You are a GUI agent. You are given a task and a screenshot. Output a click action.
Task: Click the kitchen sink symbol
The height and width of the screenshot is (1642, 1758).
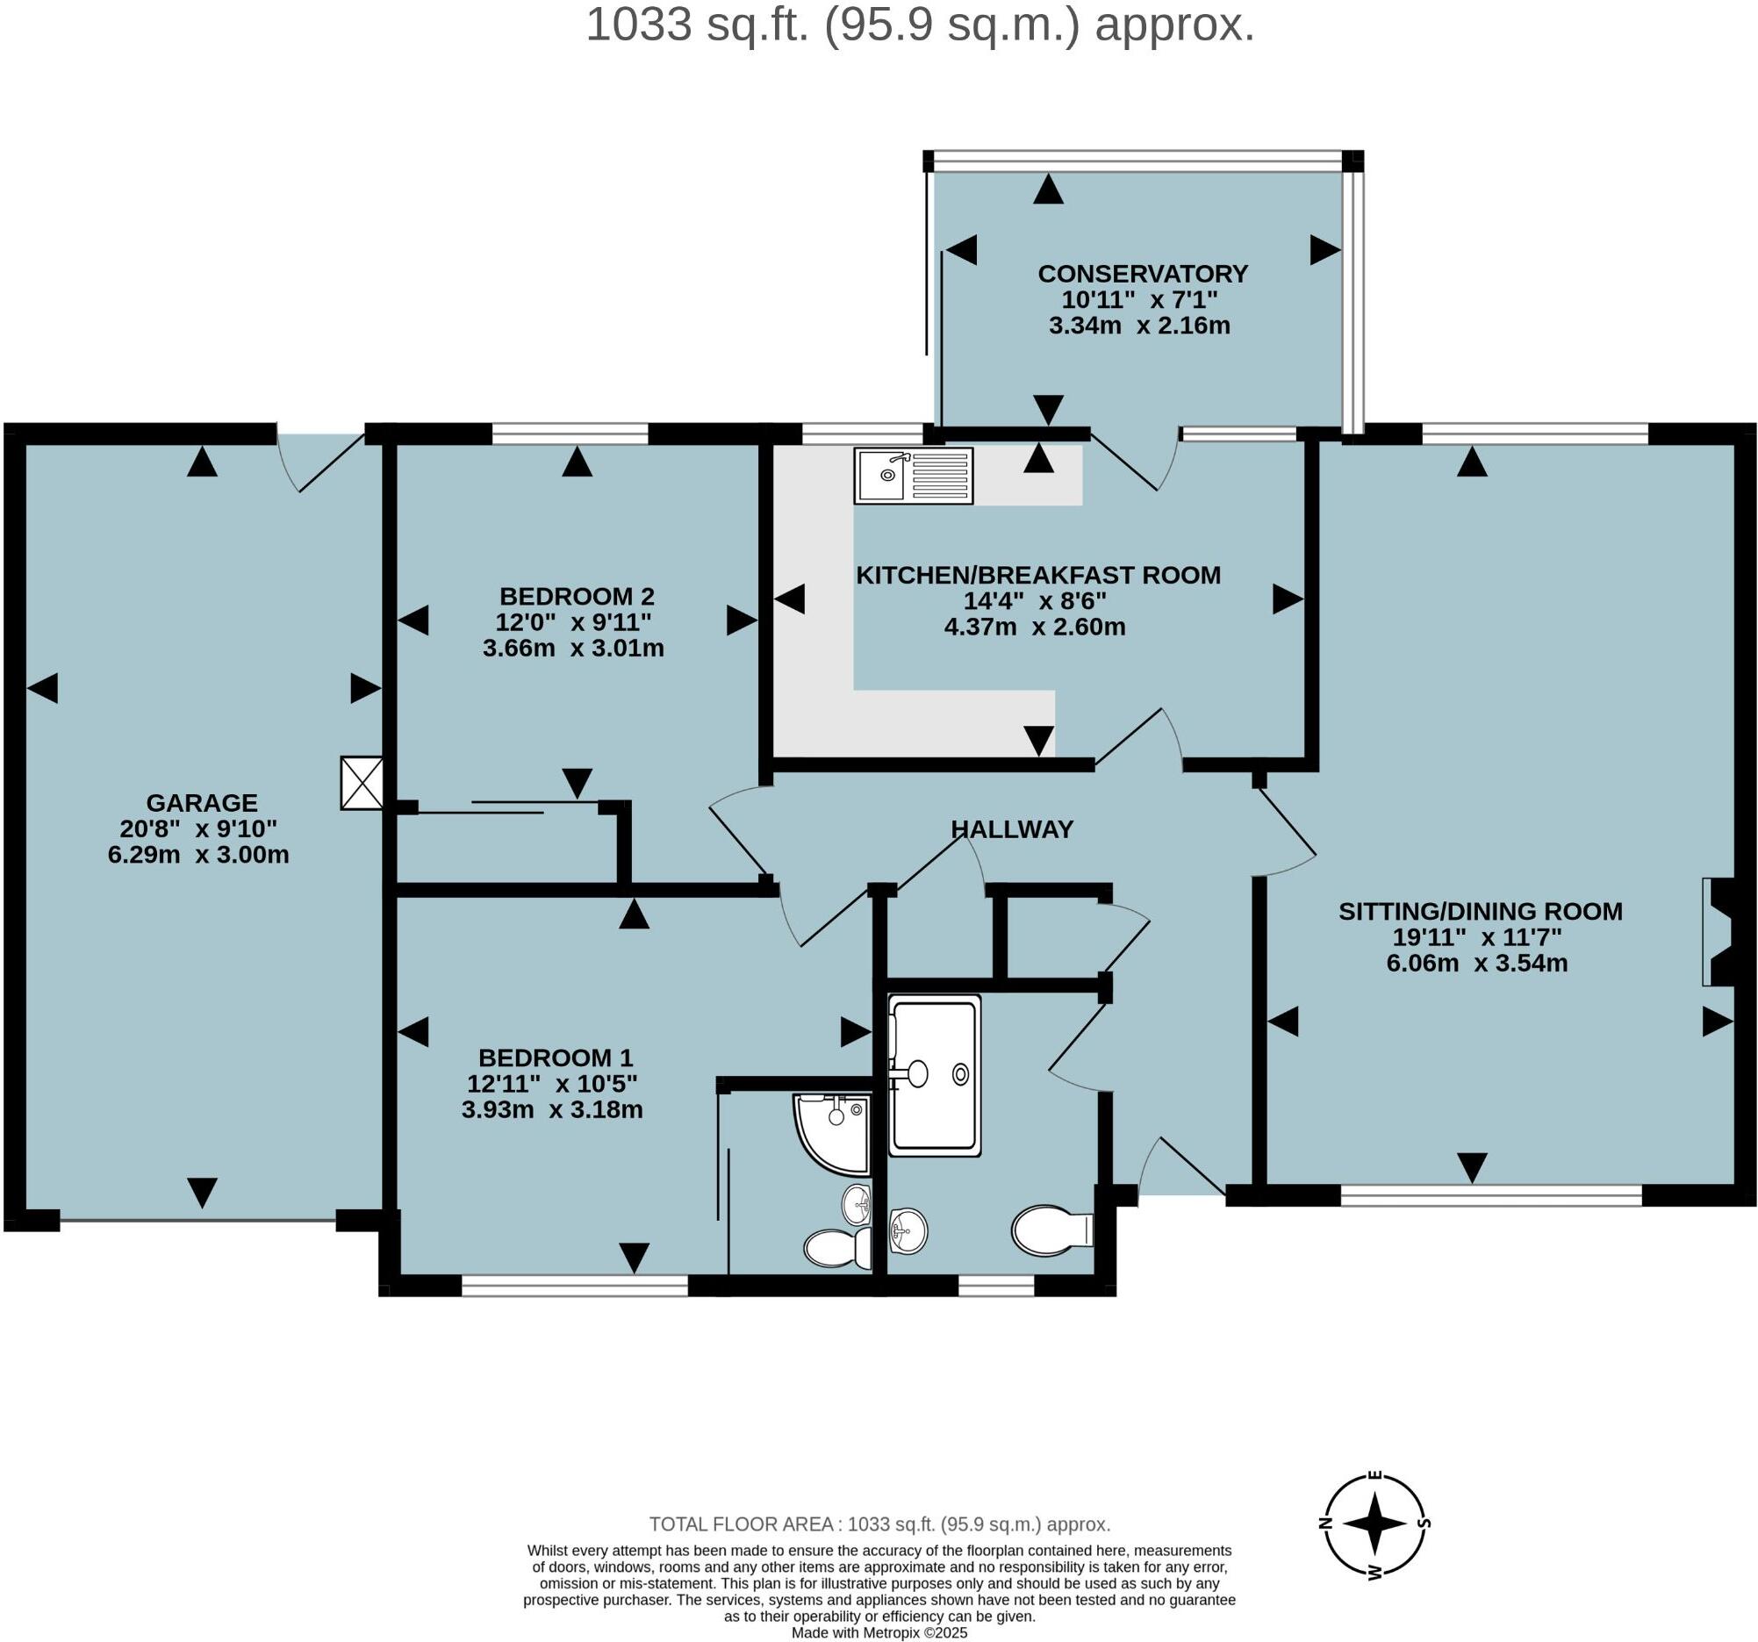(x=914, y=476)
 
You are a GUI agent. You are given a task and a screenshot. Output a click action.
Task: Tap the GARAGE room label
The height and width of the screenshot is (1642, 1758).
(x=202, y=803)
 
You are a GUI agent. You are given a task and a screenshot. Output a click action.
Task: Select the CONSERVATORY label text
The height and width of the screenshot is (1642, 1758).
(x=1143, y=273)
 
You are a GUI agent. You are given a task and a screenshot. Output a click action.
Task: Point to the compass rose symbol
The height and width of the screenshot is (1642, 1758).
(x=1374, y=1524)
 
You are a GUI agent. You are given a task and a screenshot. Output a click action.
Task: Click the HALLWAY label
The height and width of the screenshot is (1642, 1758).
(x=1012, y=829)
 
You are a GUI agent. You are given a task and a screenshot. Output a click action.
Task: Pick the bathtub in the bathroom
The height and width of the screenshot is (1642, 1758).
(x=935, y=1075)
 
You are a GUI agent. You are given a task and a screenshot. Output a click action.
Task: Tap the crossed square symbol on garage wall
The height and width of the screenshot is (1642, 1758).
(x=362, y=783)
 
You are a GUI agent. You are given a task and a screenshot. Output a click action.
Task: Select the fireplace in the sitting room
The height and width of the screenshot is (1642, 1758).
(x=1719, y=932)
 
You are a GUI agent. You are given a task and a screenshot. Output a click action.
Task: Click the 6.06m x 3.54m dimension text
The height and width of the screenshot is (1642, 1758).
(x=1477, y=963)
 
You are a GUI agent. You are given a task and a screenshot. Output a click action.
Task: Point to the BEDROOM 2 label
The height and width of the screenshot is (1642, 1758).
(x=577, y=596)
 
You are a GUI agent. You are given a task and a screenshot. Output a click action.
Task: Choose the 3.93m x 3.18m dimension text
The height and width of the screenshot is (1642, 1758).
(x=552, y=1109)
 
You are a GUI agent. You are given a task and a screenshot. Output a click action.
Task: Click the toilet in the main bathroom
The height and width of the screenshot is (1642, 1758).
(x=1052, y=1230)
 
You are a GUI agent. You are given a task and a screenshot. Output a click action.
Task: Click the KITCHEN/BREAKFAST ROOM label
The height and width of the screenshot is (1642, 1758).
(x=1038, y=575)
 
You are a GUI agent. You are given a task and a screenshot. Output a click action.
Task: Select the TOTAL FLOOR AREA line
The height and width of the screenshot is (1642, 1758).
(x=880, y=1524)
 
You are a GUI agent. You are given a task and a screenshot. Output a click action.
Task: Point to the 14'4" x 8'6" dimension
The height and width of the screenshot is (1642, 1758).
(x=1035, y=601)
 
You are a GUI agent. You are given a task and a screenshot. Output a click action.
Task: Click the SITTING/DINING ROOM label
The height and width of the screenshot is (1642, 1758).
(x=1481, y=911)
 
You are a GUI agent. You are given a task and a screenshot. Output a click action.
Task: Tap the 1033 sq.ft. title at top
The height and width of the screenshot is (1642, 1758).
(x=921, y=25)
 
